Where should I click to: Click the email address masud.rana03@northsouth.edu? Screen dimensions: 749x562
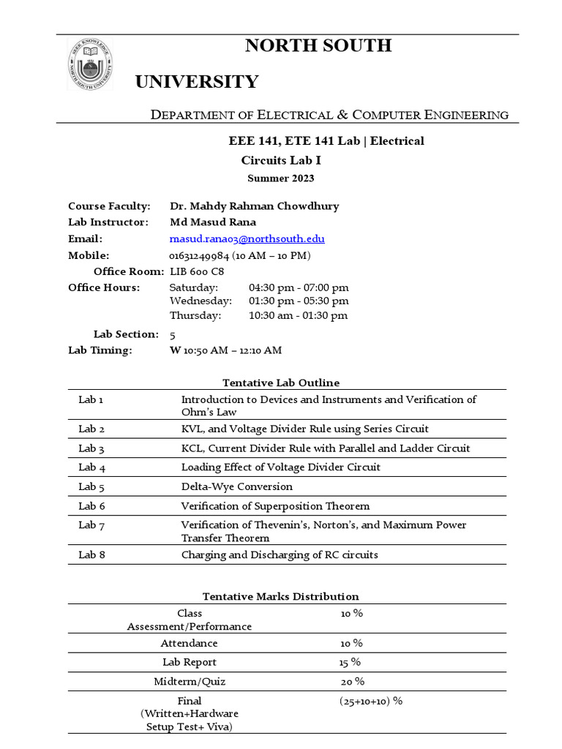tap(247, 239)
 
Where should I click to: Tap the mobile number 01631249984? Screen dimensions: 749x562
tap(198, 255)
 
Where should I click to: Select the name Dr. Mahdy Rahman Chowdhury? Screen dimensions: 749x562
tap(254, 206)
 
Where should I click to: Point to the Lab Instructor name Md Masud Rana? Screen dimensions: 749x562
tap(213, 222)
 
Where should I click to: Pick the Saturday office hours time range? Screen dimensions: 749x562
tap(299, 287)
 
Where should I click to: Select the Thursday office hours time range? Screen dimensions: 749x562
tap(298, 316)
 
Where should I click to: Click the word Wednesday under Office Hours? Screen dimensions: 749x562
tap(201, 301)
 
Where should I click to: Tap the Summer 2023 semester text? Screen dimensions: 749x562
tap(280, 178)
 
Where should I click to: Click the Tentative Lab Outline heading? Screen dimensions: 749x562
tap(280, 383)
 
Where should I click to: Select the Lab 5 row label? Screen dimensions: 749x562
tap(91, 486)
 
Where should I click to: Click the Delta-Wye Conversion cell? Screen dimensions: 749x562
tap(236, 486)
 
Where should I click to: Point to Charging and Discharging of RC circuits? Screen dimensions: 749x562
tap(280, 554)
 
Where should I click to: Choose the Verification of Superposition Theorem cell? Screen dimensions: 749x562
tap(275, 506)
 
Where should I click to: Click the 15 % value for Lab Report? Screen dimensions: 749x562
tap(351, 662)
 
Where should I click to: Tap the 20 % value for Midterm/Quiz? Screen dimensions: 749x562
tap(352, 682)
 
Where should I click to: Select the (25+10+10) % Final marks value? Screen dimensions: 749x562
tap(371, 701)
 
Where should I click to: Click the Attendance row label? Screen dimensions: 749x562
tap(189, 643)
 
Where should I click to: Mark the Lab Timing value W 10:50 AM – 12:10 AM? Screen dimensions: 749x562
tap(225, 350)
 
